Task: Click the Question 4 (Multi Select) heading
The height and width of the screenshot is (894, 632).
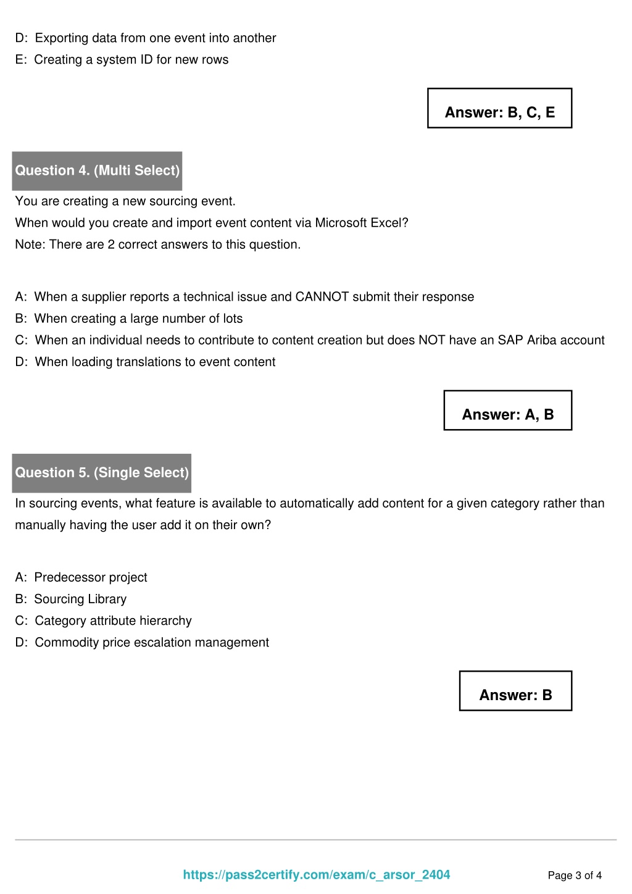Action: [x=97, y=170]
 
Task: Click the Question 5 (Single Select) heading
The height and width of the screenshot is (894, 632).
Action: [x=102, y=473]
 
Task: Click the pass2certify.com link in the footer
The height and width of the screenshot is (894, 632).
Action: [x=317, y=875]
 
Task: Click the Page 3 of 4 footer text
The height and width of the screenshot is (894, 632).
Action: [x=575, y=875]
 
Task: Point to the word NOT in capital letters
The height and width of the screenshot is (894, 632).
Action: [x=431, y=340]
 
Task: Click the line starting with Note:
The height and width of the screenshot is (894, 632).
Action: [x=158, y=244]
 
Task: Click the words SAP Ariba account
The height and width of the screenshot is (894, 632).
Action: [x=551, y=340]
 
